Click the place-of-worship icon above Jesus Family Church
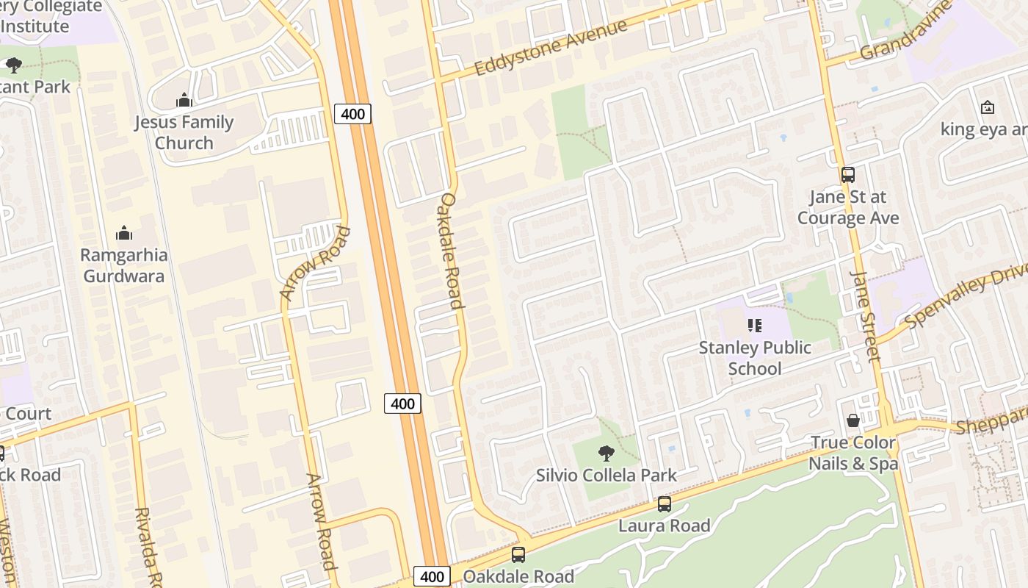(x=184, y=100)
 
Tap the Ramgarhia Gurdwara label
(x=123, y=265)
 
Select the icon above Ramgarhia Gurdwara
(x=123, y=234)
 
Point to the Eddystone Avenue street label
(x=551, y=48)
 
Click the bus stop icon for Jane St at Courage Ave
(x=848, y=175)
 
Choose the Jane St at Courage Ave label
(x=848, y=207)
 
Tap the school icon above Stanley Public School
(x=754, y=325)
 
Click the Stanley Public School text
(x=755, y=357)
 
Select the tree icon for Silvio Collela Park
(x=606, y=453)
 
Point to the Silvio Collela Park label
(x=607, y=475)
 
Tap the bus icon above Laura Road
(x=665, y=504)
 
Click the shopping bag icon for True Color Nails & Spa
(x=853, y=420)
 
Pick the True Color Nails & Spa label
(x=853, y=453)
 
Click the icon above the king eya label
(x=988, y=107)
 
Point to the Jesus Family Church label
(x=184, y=132)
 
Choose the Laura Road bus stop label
(x=665, y=526)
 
